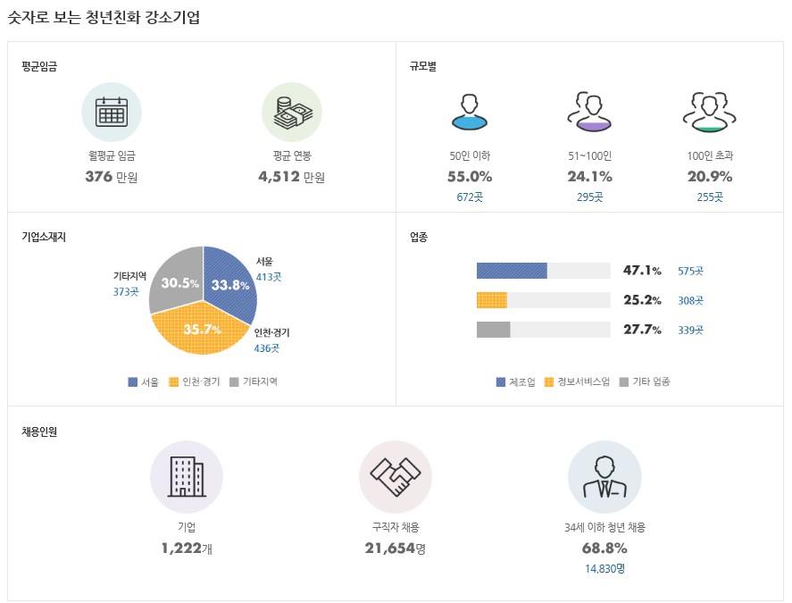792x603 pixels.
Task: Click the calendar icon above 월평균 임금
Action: click(x=112, y=112)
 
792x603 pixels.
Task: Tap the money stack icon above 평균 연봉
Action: click(x=292, y=113)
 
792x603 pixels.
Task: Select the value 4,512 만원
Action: click(x=291, y=176)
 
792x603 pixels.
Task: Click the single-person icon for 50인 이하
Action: click(x=470, y=112)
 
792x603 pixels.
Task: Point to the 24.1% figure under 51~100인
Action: click(x=589, y=176)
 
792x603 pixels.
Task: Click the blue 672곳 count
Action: click(x=470, y=197)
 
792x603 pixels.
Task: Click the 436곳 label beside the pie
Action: click(x=267, y=348)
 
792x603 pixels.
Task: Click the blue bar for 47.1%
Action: click(x=511, y=271)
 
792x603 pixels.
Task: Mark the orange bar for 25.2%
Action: click(x=491, y=300)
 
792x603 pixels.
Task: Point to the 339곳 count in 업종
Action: click(x=690, y=331)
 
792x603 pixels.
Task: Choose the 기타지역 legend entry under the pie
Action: click(x=254, y=382)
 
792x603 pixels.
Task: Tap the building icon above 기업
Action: click(x=186, y=477)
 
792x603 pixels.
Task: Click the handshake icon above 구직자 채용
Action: click(x=395, y=477)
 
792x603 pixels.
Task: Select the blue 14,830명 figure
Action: click(x=604, y=568)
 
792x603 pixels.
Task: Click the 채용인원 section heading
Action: click(x=39, y=432)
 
